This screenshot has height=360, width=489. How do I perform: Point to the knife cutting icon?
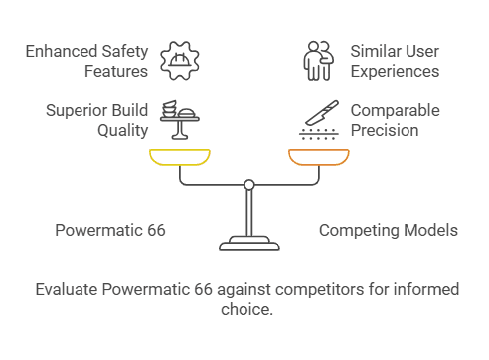[317, 119]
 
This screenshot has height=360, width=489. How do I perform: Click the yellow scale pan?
[180, 157]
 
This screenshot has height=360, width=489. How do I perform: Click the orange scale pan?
[318, 157]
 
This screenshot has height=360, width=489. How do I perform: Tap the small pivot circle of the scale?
[248, 184]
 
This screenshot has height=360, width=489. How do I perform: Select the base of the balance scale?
[248, 242]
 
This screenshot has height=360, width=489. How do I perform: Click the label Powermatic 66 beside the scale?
[109, 231]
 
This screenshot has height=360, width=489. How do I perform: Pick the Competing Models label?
[388, 231]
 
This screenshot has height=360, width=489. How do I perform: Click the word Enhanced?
[62, 51]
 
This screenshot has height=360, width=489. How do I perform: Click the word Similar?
[376, 51]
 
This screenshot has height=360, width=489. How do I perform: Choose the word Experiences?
[394, 71]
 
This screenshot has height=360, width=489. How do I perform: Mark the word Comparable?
[395, 110]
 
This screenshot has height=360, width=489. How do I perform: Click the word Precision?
[385, 130]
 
